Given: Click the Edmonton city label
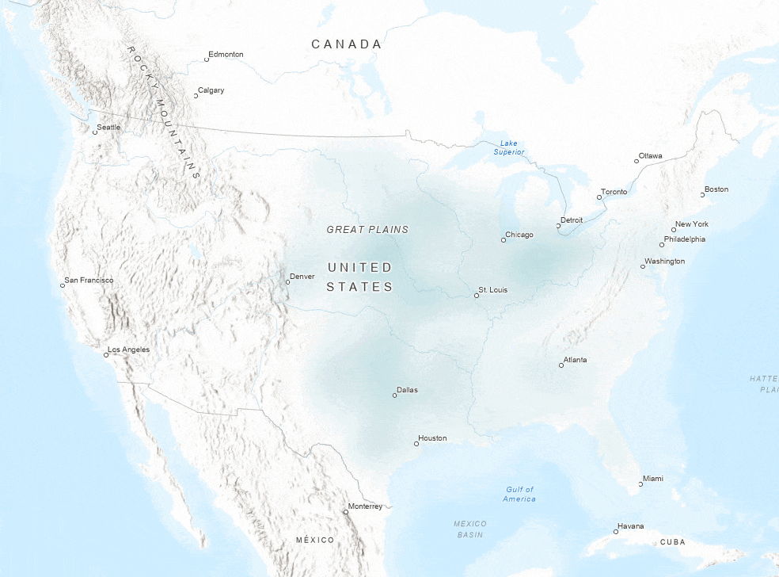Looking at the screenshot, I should click(x=226, y=55).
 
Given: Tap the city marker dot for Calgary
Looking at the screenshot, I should click(x=196, y=96).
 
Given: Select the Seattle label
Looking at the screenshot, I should click(x=108, y=128).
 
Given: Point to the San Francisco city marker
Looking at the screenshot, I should click(x=63, y=285).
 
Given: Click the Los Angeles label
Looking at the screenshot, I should click(x=128, y=350).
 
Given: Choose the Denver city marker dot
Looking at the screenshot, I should click(x=287, y=282).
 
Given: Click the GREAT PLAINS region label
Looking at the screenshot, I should click(x=367, y=230).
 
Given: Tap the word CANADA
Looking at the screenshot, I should click(x=346, y=44).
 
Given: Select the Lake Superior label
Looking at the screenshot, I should click(x=508, y=147).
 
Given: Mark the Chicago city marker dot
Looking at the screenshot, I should click(x=503, y=239).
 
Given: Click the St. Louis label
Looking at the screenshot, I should click(x=492, y=290).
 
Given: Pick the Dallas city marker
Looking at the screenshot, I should click(x=394, y=395).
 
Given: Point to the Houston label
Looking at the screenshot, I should click(x=432, y=438).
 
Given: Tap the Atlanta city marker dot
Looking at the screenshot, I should click(x=561, y=365).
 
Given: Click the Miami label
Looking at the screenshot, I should click(x=653, y=479).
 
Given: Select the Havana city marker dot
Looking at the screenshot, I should click(x=616, y=532).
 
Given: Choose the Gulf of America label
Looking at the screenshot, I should click(x=519, y=494).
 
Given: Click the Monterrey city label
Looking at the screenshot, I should click(x=365, y=506).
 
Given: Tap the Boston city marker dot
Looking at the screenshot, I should click(x=702, y=195).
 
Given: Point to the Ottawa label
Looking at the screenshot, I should click(x=651, y=155).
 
